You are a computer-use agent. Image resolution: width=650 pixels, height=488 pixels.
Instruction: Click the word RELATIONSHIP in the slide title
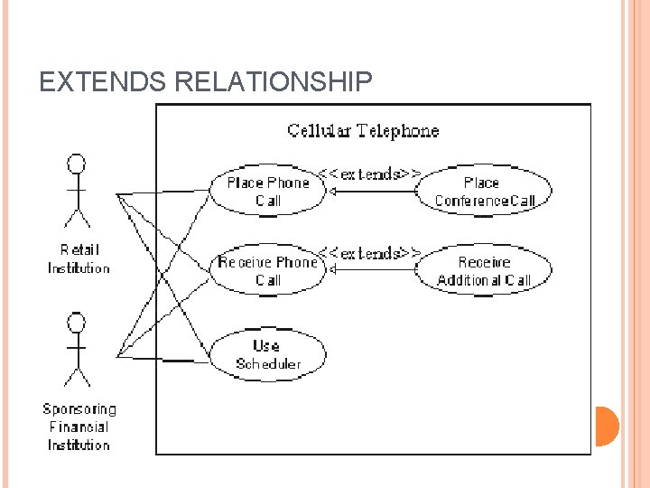[x=273, y=83]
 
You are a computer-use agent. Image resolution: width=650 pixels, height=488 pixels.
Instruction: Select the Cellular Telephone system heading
[x=363, y=130]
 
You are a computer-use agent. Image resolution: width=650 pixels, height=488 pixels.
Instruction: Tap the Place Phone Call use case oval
[x=268, y=192]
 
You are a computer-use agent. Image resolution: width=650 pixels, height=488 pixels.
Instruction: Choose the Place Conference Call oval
[x=484, y=192]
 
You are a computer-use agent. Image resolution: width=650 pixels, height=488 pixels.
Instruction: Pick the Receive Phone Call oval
[x=268, y=271]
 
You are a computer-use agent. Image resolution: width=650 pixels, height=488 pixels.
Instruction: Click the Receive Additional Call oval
[x=484, y=271]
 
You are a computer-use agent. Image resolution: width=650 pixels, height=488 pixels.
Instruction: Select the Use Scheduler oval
[x=267, y=354]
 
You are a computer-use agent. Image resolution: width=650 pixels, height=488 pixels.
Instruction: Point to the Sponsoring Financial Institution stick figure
[x=78, y=349]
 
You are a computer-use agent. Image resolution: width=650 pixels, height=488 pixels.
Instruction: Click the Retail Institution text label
[x=79, y=258]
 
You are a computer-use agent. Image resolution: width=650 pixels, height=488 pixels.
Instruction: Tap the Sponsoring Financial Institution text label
[x=79, y=427]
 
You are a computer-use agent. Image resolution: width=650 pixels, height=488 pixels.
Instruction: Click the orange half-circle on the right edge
[x=607, y=426]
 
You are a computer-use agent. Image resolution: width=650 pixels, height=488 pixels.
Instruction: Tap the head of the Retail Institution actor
[x=78, y=164]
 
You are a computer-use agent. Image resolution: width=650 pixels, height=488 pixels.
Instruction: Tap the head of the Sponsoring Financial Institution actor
[x=78, y=323]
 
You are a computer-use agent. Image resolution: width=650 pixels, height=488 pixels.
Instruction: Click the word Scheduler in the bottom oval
[x=267, y=364]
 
